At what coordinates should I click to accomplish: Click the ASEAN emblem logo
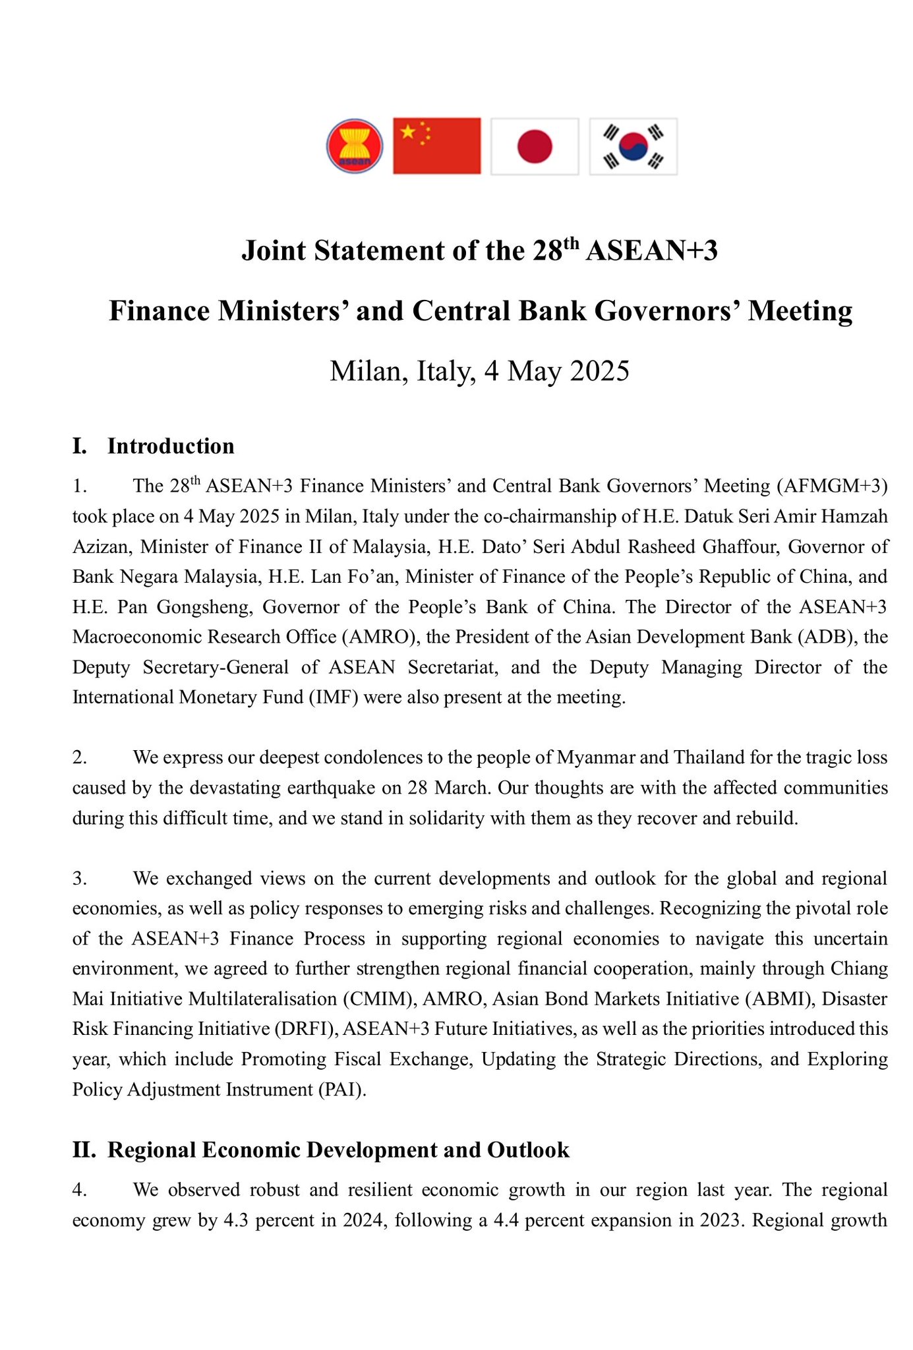355,146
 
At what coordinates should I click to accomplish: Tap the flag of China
436,146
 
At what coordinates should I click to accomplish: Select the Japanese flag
535,146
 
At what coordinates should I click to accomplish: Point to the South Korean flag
633,146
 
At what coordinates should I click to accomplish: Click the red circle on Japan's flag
535,146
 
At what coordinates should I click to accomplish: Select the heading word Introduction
171,446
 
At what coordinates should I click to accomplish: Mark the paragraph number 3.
79,879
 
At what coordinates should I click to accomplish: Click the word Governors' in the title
665,311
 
